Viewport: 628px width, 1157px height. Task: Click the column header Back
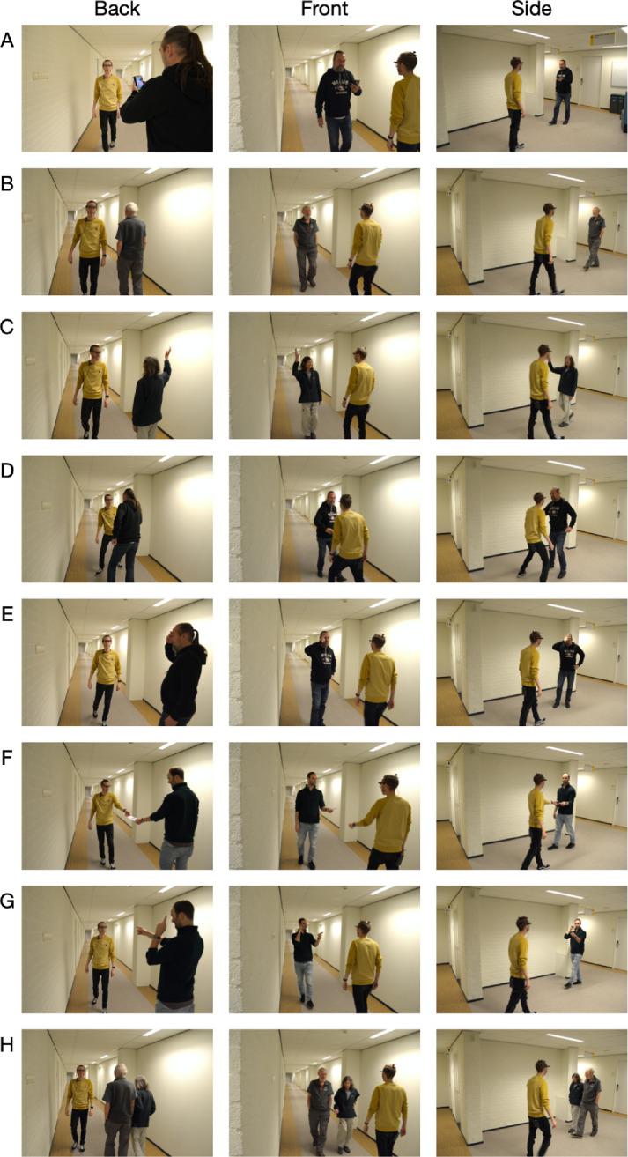[117, 9]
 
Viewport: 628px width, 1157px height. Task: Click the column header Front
[324, 9]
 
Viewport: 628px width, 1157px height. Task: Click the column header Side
[531, 9]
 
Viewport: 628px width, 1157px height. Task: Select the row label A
[7, 41]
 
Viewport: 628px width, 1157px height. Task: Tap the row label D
[7, 471]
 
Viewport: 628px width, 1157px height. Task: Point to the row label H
[7, 1045]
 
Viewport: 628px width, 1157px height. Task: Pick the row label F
[7, 758]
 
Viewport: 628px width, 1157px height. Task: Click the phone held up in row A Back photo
[138, 82]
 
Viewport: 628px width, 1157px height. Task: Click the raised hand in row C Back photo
[166, 354]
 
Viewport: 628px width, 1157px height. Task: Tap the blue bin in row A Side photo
[615, 102]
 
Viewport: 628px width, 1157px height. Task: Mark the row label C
[7, 328]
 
